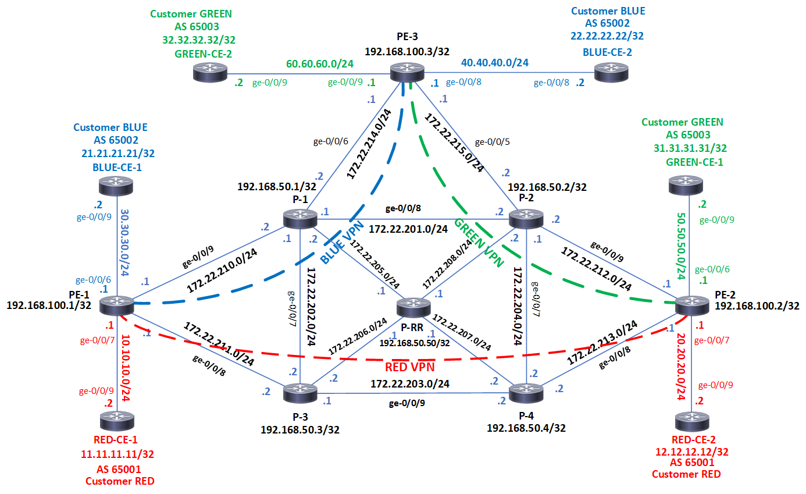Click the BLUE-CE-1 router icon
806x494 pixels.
coord(117,186)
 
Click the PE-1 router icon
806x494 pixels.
coord(117,305)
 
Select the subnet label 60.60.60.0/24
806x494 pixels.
coord(319,63)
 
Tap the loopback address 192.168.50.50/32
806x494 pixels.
coord(413,343)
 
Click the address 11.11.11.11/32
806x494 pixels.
coord(120,454)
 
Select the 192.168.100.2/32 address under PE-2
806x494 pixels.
coord(757,305)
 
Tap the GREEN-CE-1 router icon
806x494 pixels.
coord(689,186)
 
